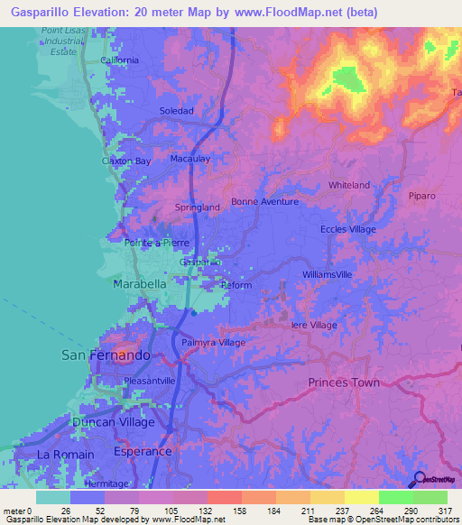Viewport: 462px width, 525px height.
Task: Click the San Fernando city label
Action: [106, 355]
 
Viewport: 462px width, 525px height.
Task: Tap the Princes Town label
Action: [344, 382]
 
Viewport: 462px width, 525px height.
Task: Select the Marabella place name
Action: [139, 283]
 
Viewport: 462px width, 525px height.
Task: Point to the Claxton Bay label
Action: [126, 161]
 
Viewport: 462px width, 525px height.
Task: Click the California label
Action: [120, 60]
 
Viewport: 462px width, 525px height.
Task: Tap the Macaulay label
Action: [189, 159]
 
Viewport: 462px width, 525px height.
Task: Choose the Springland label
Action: [198, 207]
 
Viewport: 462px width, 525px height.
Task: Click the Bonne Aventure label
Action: [264, 202]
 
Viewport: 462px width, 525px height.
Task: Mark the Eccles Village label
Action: [348, 230]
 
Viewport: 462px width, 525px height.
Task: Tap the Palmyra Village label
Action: [213, 344]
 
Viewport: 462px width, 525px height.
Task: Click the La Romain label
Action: [65, 455]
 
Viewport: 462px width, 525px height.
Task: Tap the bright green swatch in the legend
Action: [395, 497]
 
